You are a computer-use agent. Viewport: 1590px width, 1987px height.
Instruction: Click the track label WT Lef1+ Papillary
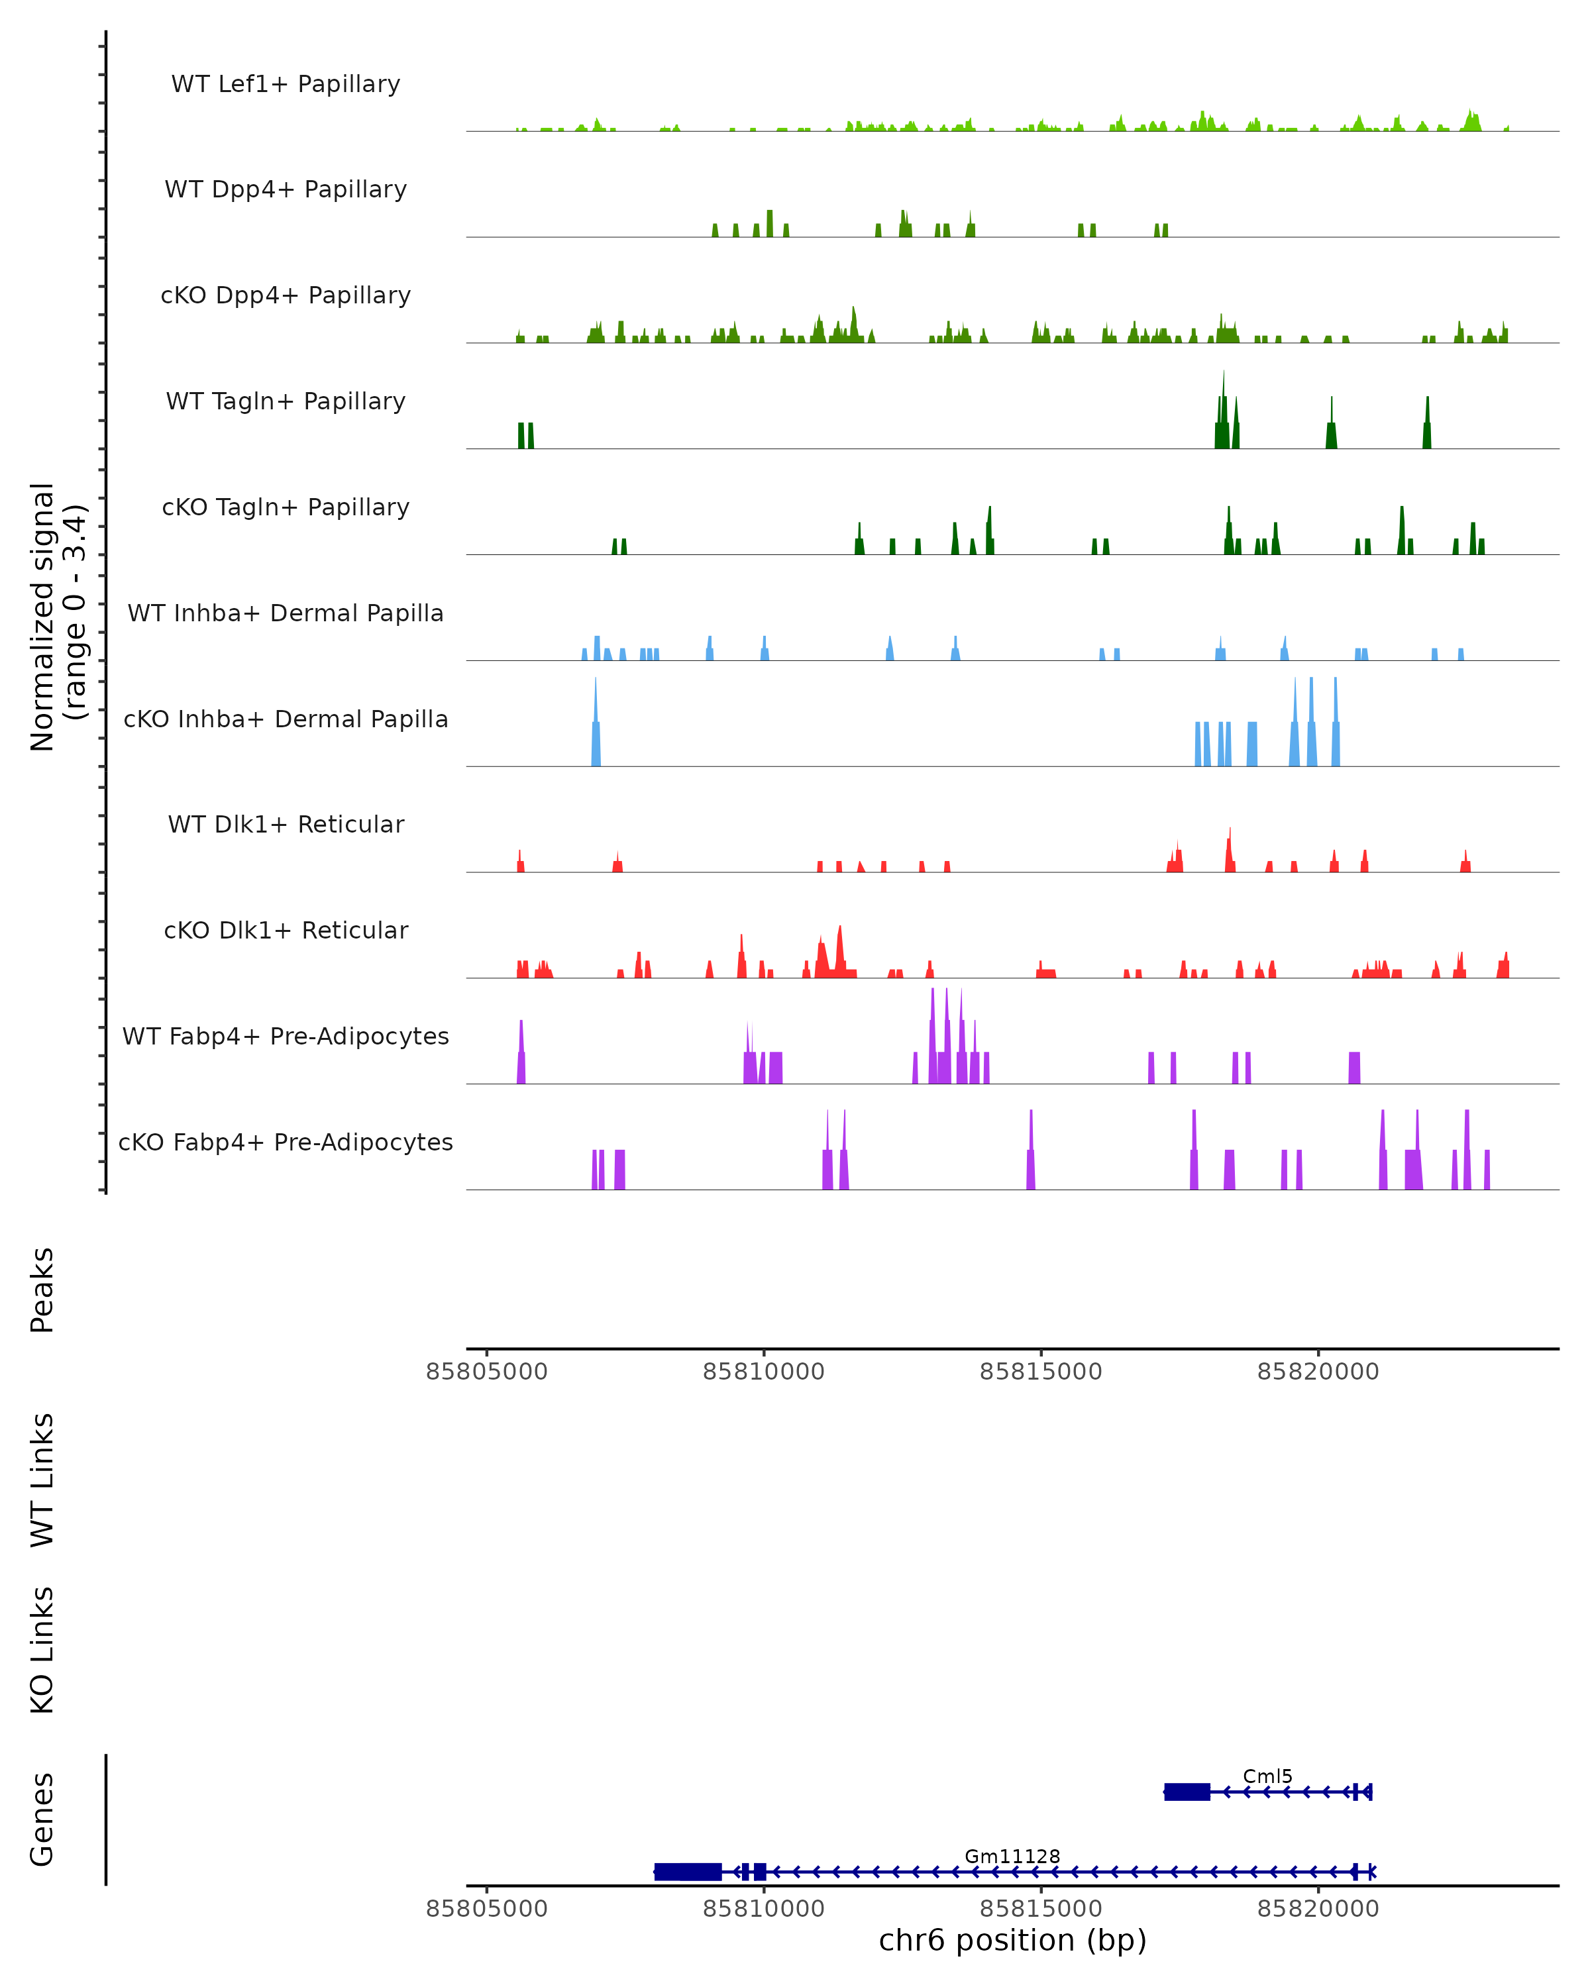pyautogui.click(x=286, y=84)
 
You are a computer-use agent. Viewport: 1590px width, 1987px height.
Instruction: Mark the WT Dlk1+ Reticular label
pyautogui.click(x=286, y=824)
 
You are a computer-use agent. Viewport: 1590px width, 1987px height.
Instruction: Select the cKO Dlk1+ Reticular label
pyautogui.click(x=286, y=930)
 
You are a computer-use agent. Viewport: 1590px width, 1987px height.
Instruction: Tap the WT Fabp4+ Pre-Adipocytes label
pyautogui.click(x=286, y=1036)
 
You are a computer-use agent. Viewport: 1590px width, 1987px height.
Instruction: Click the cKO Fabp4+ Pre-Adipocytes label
pyautogui.click(x=286, y=1142)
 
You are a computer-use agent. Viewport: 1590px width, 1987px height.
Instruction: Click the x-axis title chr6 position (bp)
pyautogui.click(x=1012, y=1940)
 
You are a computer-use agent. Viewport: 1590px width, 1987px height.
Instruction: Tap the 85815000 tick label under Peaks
pyautogui.click(x=1041, y=1372)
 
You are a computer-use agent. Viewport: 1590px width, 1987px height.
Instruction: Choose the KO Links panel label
pyautogui.click(x=42, y=1650)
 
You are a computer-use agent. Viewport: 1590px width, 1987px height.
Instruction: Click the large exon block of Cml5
pyautogui.click(x=1187, y=1792)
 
